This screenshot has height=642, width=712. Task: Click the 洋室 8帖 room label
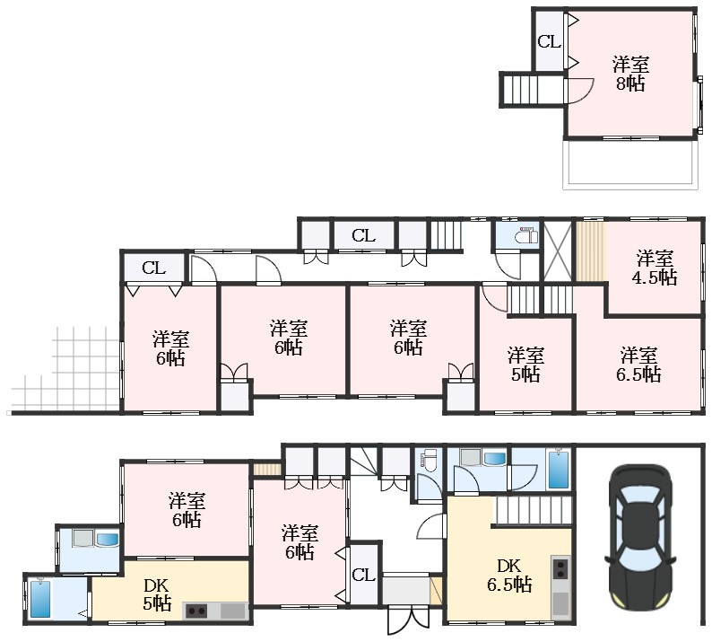[630, 74]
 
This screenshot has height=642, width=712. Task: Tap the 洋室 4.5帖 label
[655, 268]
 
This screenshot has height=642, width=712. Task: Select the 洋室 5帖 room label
[525, 365]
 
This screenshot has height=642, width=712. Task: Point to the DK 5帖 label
[157, 594]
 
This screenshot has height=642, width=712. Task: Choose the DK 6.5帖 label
[509, 576]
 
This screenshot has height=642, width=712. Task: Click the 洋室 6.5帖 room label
[638, 365]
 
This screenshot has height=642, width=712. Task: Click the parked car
[640, 537]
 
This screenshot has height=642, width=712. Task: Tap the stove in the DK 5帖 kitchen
[195, 611]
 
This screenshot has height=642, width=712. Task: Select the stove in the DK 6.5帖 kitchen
[561, 567]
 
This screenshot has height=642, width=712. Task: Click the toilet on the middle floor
[526, 236]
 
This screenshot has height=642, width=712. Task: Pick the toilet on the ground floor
[428, 458]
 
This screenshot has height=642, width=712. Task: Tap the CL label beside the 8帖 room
[549, 42]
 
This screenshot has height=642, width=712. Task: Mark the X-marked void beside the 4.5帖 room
[558, 251]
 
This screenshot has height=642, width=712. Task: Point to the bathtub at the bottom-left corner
[40, 599]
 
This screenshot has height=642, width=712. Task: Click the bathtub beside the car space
[559, 469]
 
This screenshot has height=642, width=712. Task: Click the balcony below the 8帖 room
[630, 163]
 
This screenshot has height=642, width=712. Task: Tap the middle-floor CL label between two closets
[364, 235]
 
